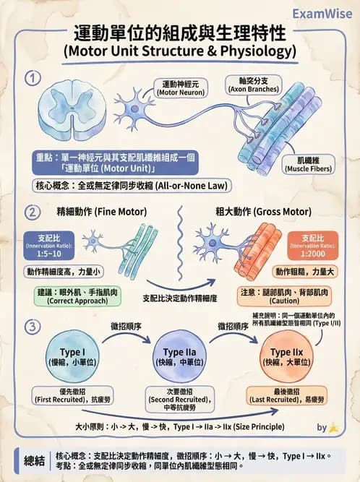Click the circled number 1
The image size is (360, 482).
(30, 78)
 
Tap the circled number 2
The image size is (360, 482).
(30, 212)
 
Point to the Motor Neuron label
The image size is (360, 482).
(180, 87)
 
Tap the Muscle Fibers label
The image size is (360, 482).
(309, 163)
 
